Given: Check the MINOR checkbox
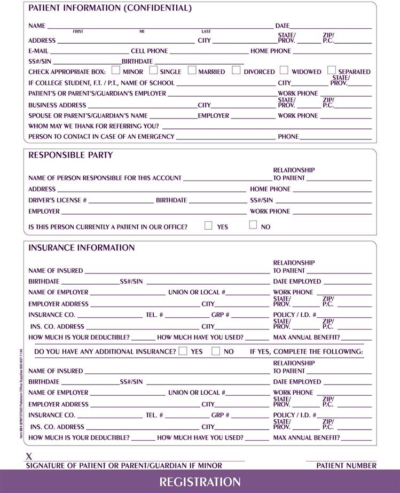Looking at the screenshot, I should click(116, 70).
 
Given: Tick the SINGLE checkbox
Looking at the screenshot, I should click(154, 70).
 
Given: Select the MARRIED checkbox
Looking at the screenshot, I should click(192, 70).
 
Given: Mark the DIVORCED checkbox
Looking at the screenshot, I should click(236, 70).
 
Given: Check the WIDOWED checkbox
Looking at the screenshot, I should click(284, 70).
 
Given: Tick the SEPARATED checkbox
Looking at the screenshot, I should click(332, 70).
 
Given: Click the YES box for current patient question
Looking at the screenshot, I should click(209, 225).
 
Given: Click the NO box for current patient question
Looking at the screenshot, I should click(253, 225).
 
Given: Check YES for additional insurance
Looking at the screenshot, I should click(183, 351).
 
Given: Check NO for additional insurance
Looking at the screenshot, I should click(216, 351).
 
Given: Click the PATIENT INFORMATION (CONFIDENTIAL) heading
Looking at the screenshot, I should click(109, 9).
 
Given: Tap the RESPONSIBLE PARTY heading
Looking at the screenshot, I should click(70, 155).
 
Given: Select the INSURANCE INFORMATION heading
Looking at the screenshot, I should click(82, 248).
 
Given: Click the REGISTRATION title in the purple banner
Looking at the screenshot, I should click(200, 482).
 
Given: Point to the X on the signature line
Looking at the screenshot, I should click(29, 457).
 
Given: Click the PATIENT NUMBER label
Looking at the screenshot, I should click(346, 466).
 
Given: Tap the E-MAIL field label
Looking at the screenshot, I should click(38, 51).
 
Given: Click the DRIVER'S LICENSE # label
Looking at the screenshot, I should click(58, 200).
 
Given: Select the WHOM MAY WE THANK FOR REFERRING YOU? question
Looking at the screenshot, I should click(93, 126).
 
